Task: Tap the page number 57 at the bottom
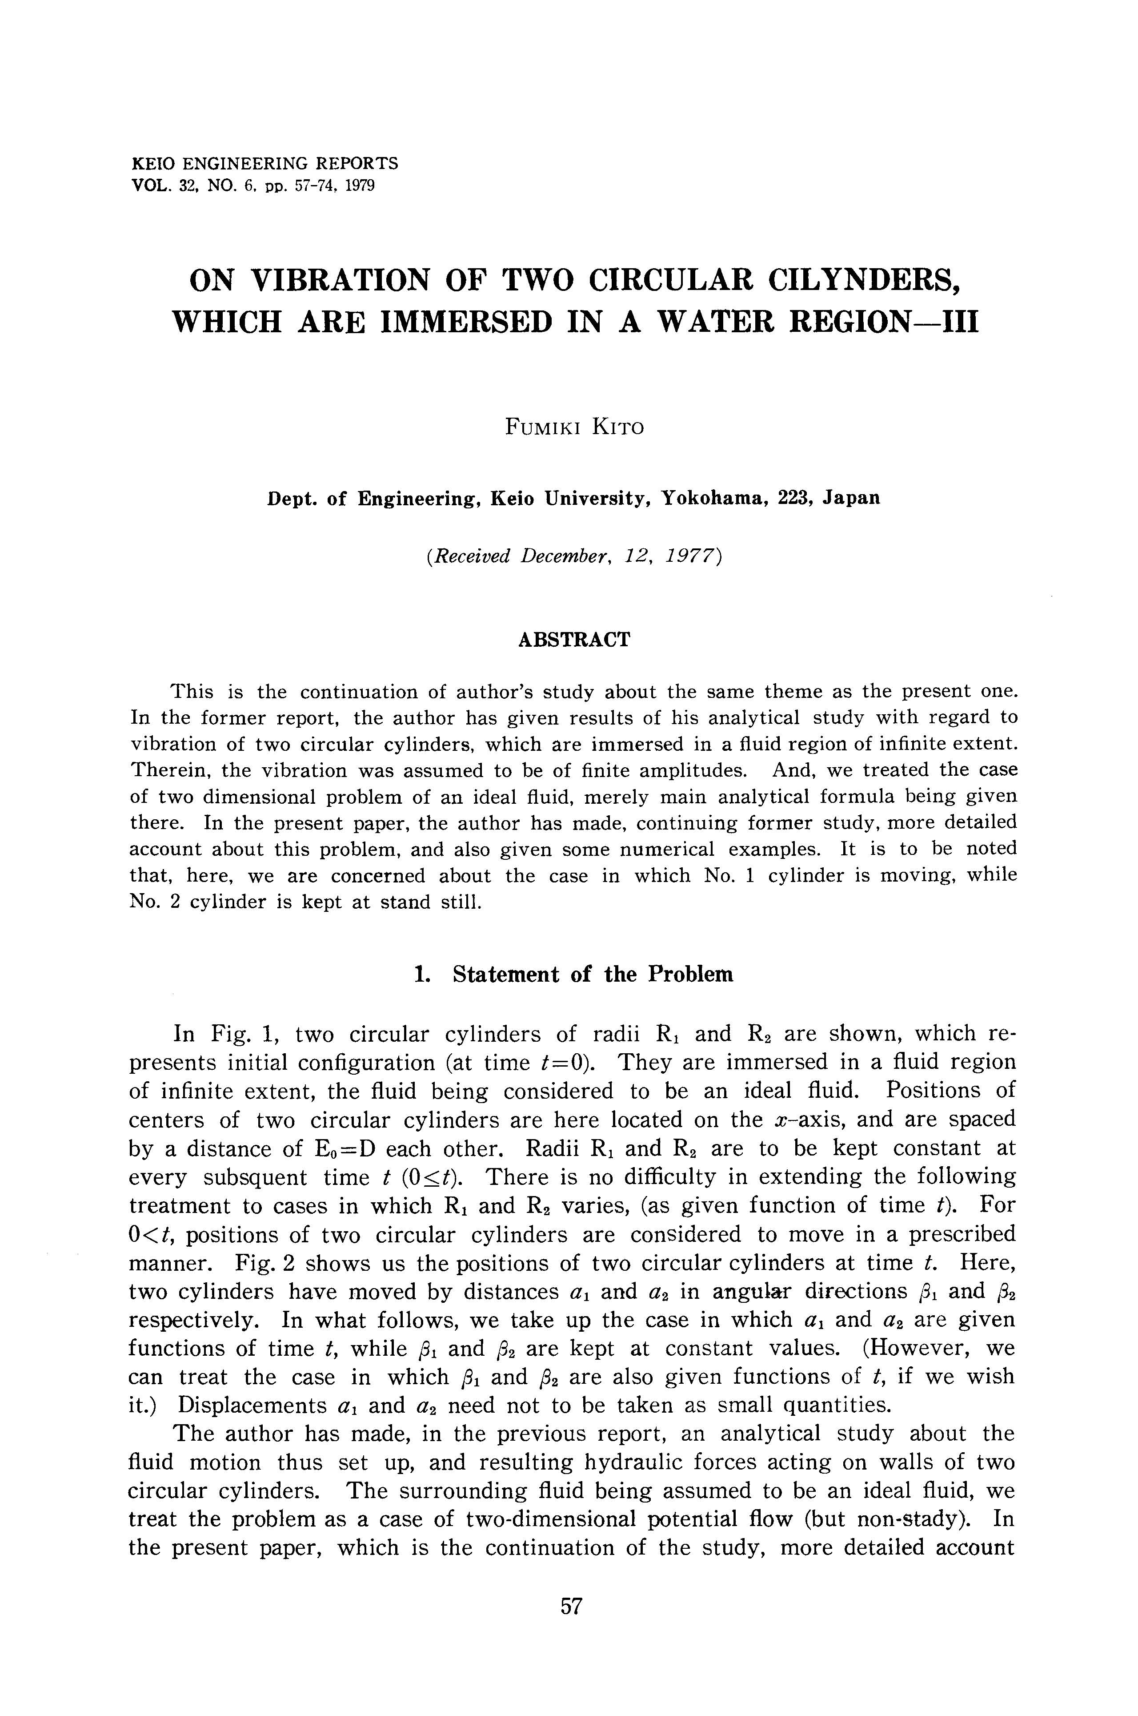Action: click(x=571, y=1606)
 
